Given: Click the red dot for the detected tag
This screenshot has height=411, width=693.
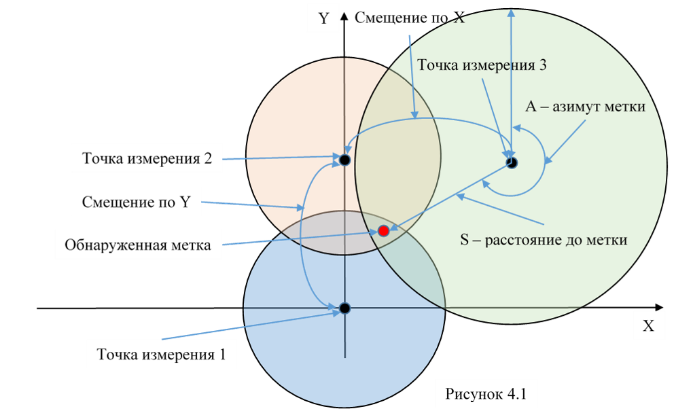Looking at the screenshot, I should pyautogui.click(x=383, y=231).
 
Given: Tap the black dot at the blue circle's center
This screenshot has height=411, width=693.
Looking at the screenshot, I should pyautogui.click(x=344, y=308).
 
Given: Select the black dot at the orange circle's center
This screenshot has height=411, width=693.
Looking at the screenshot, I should pyautogui.click(x=344, y=160).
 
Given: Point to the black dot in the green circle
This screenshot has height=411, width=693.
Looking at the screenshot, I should pyautogui.click(x=512, y=162).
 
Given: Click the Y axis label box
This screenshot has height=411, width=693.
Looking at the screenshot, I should pyautogui.click(x=323, y=19).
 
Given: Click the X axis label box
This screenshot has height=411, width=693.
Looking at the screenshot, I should pyautogui.click(x=648, y=326).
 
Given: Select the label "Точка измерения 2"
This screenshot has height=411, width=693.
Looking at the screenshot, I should pyautogui.click(x=147, y=160).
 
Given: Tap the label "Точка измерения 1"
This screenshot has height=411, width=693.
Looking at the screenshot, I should pyautogui.click(x=161, y=355).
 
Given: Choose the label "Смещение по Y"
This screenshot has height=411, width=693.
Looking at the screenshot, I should pyautogui.click(x=136, y=202).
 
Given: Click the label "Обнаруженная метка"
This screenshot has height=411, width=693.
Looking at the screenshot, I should pyautogui.click(x=138, y=245).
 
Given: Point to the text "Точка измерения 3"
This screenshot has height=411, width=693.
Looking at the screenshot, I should pyautogui.click(x=482, y=65).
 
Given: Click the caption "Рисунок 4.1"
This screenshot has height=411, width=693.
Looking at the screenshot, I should pyautogui.click(x=486, y=394).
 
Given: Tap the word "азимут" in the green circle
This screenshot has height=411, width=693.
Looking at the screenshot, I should pyautogui.click(x=575, y=107).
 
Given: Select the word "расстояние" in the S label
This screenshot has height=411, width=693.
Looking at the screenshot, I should pyautogui.click(x=522, y=240).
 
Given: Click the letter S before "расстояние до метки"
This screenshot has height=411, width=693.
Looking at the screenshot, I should pyautogui.click(x=465, y=240).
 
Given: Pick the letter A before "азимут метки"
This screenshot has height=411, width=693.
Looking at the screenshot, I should pyautogui.click(x=531, y=107).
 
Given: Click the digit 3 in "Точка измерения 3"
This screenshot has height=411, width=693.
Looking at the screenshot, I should pyautogui.click(x=542, y=65).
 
